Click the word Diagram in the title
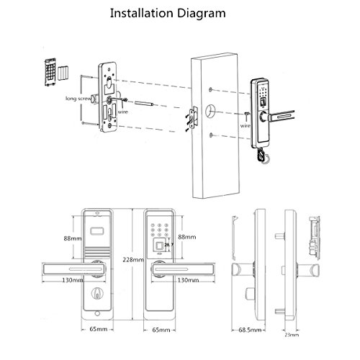213,12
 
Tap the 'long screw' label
80,97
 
